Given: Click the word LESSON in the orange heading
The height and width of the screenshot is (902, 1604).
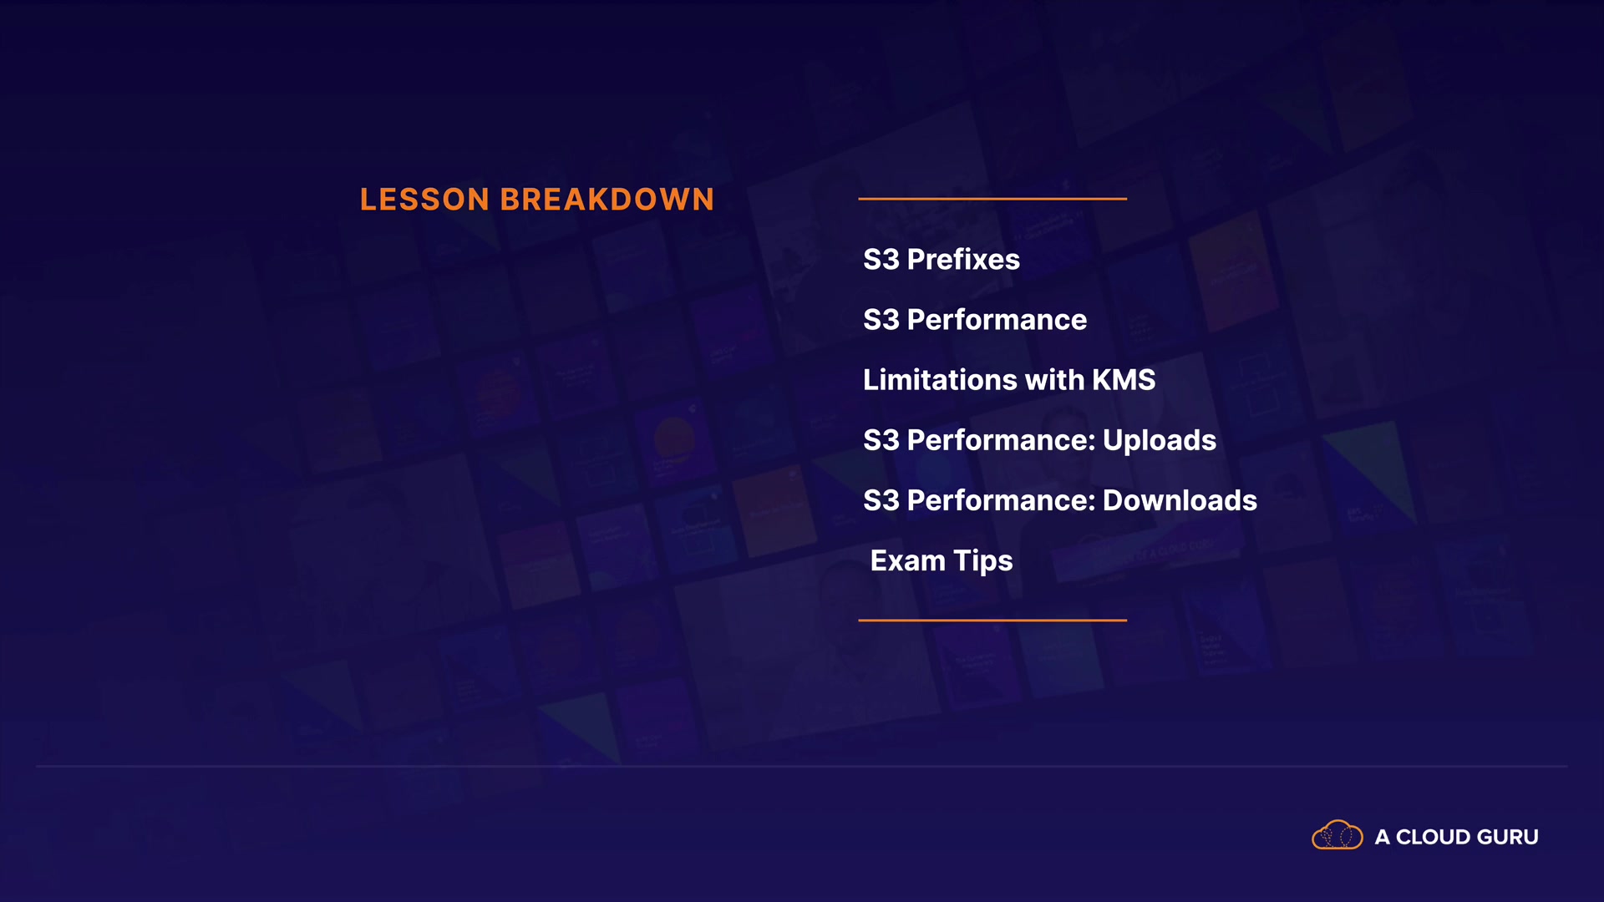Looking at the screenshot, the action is click(424, 200).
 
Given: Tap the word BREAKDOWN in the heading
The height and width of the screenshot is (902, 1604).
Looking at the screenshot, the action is click(607, 200).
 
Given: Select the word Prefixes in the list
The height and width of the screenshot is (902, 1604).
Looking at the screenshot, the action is click(963, 260).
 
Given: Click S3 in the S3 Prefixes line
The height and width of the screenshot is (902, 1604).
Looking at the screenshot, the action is click(881, 260).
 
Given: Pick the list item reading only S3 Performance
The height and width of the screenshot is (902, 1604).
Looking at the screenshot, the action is click(975, 320).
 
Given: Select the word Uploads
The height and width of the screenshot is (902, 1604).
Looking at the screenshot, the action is click(1160, 440).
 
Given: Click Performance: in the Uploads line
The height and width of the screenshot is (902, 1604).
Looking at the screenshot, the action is click(1001, 440).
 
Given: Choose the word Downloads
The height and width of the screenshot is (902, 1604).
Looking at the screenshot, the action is click(1180, 500).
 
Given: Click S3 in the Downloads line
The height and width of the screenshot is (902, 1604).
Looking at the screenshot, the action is click(881, 500).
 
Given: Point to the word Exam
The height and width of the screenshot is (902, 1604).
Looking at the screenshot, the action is click(908, 560).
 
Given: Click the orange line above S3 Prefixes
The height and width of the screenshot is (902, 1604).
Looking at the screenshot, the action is click(992, 199).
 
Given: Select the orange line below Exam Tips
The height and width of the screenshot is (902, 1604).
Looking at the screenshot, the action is click(992, 621).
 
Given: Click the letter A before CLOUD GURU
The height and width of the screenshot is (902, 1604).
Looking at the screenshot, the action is click(1383, 837).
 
